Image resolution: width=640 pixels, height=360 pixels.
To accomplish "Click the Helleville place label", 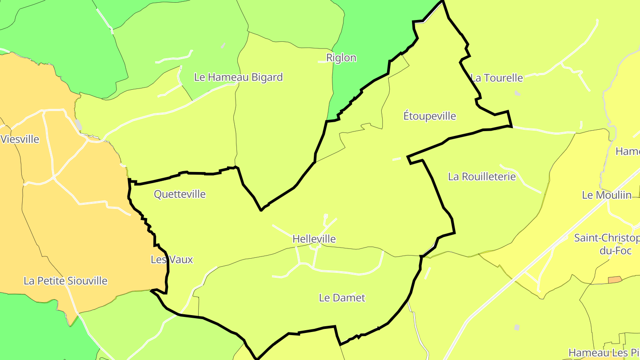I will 314,239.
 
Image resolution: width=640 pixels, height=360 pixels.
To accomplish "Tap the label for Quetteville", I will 180,194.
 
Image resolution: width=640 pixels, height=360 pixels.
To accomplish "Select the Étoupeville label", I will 429,116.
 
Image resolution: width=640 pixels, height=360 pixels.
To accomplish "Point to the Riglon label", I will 341,58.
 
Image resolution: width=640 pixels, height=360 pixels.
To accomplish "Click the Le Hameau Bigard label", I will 238,77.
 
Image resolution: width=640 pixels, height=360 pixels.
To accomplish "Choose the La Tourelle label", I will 497,78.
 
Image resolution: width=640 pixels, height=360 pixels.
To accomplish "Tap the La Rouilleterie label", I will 482,177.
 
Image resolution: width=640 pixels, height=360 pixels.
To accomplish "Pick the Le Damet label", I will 342,298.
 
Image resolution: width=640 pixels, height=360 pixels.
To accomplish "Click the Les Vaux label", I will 172,260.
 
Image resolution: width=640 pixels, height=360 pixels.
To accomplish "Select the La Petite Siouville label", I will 65,281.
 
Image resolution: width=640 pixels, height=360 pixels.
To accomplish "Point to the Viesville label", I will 20,140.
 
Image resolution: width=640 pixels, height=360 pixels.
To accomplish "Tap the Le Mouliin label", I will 607,195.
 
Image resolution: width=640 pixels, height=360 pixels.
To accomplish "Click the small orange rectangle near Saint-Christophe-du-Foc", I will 615,280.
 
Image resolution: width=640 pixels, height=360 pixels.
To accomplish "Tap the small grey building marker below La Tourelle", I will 517,93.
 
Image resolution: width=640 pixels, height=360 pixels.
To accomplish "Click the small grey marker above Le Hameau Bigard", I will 223,46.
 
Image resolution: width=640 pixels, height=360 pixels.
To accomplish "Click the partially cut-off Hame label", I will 628,152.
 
